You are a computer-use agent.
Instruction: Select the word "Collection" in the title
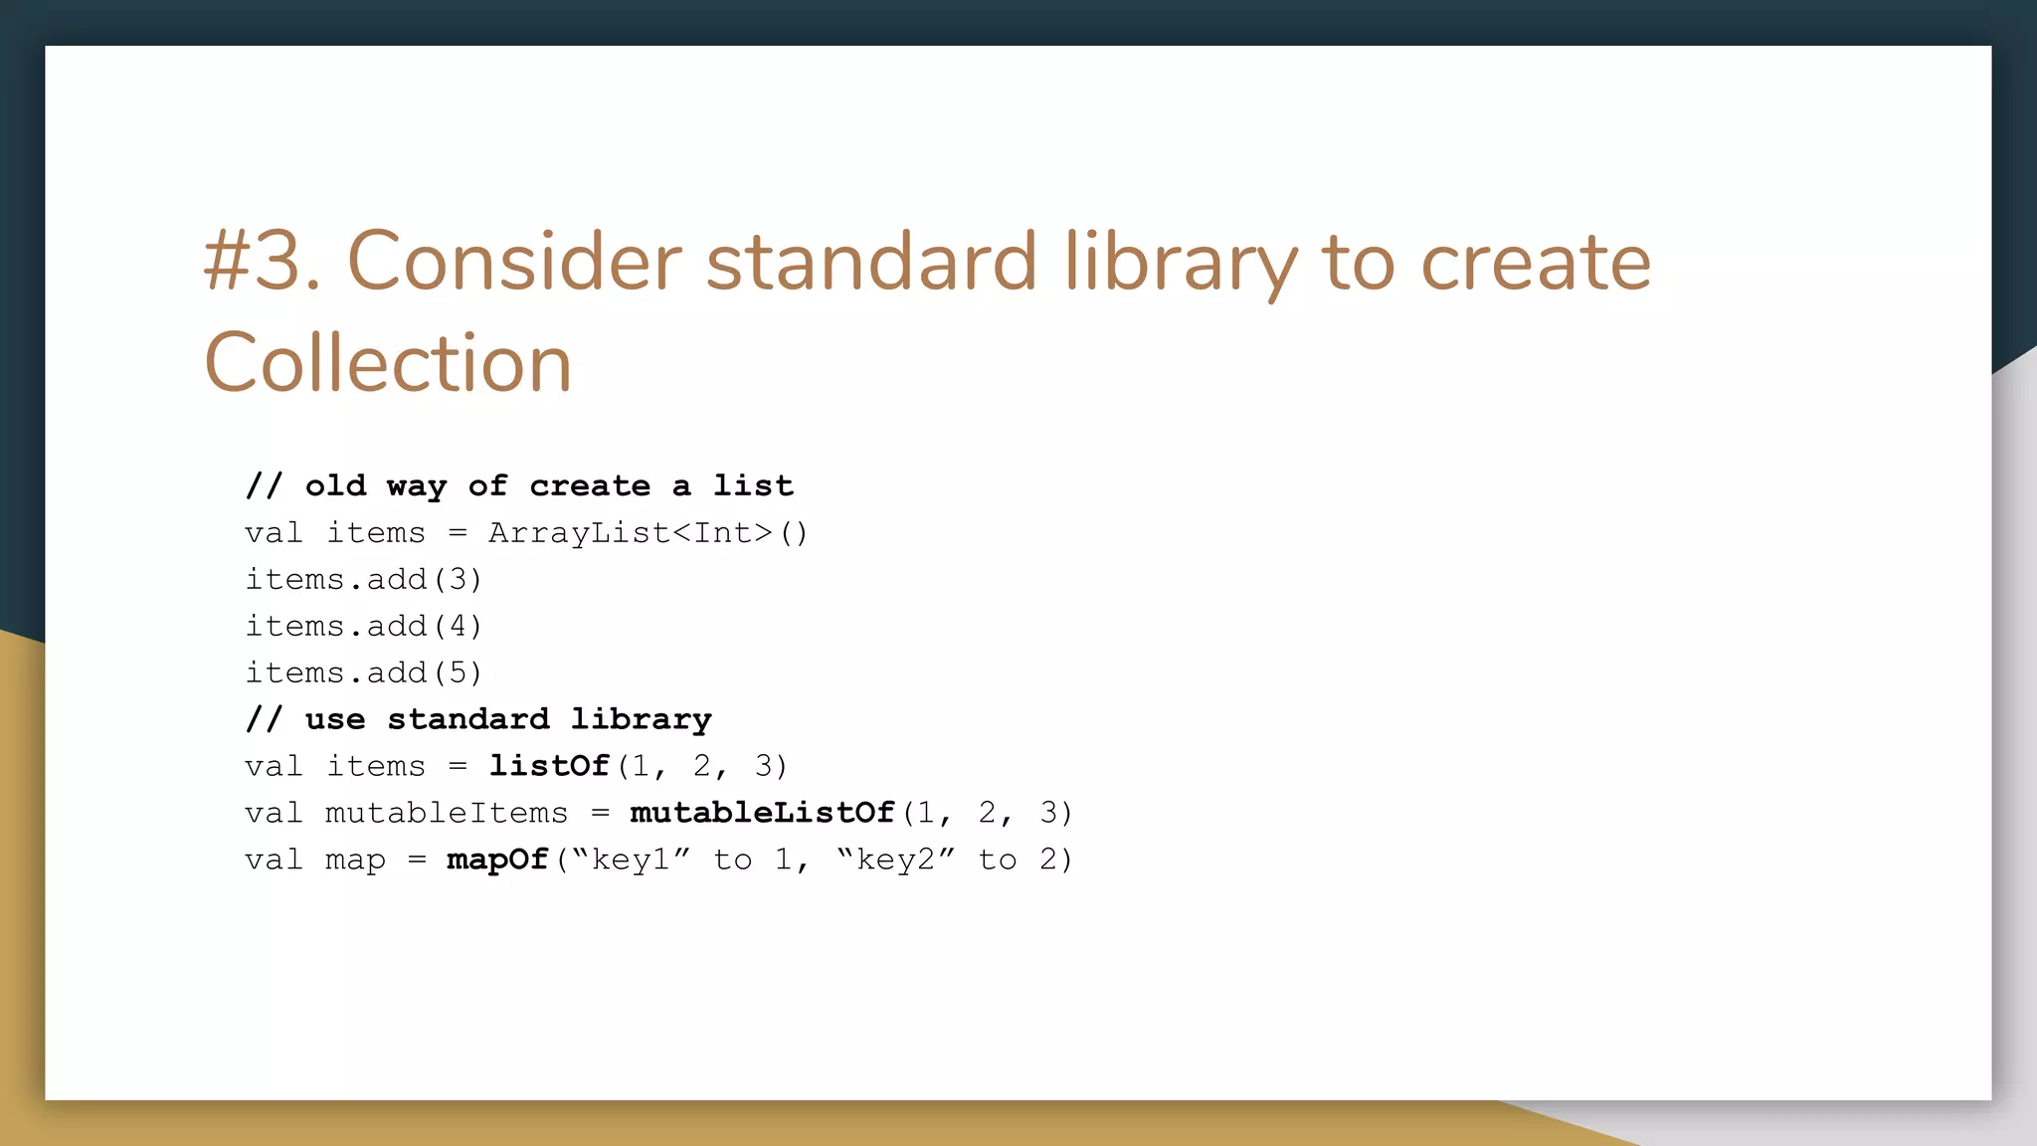click(x=388, y=363)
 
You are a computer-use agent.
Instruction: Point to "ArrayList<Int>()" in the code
click(x=648, y=533)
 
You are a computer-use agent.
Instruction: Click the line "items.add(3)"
click(x=364, y=580)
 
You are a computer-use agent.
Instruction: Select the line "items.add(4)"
click(x=364, y=627)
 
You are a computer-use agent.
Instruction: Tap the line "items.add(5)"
click(x=364, y=673)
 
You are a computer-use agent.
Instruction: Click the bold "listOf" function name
click(x=548, y=766)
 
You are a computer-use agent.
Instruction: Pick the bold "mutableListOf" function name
click(x=762, y=813)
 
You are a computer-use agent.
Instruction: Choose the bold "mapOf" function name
click(x=497, y=859)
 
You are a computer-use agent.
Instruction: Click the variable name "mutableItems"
click(x=447, y=813)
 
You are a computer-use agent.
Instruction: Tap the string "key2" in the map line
click(x=896, y=859)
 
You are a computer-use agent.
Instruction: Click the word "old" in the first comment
click(x=335, y=485)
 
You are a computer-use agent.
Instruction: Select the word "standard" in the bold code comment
click(x=467, y=719)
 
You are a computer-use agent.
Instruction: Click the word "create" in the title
click(x=1536, y=262)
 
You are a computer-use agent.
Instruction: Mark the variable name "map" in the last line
click(x=355, y=859)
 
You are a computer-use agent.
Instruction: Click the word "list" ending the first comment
click(x=753, y=485)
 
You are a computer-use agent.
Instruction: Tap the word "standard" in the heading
click(x=871, y=262)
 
